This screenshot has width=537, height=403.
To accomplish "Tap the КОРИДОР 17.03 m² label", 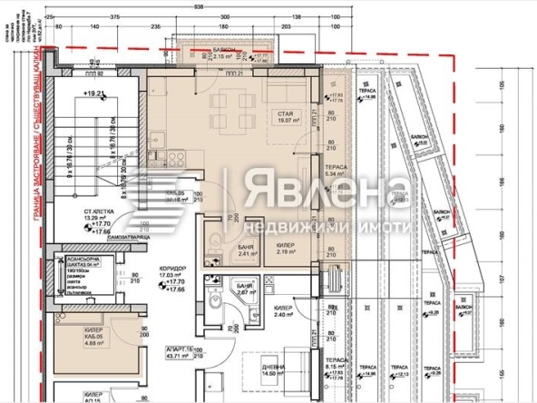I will (x=169, y=282).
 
